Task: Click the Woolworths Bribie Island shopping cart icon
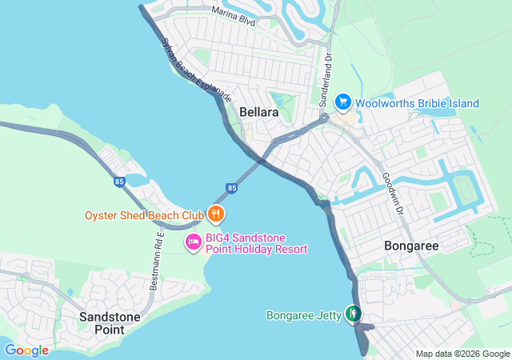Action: click(343, 102)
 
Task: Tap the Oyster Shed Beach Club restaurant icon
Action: click(215, 214)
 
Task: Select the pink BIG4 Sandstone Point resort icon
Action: click(193, 242)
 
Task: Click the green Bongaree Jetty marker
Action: click(353, 314)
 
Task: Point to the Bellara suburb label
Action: click(259, 113)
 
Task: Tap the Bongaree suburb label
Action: click(411, 246)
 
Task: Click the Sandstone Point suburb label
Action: click(110, 323)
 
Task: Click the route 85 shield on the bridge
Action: click(232, 188)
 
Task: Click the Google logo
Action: click(26, 350)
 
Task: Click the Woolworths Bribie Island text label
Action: click(417, 103)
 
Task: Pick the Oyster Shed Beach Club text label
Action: click(145, 215)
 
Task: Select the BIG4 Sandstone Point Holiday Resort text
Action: click(257, 243)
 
